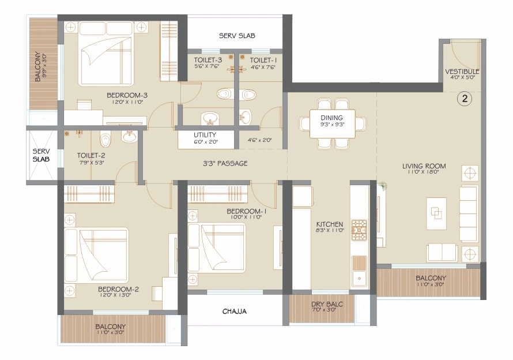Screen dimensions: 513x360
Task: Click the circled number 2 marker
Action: point(465,98)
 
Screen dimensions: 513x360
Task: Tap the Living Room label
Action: point(424,166)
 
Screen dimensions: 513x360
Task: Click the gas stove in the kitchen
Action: point(359,230)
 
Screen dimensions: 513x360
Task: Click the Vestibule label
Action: point(462,72)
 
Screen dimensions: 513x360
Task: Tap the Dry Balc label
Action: point(327,304)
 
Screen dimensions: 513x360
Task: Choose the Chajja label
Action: point(235,311)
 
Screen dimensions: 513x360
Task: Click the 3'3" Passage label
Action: point(225,163)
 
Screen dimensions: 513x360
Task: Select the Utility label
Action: point(205,134)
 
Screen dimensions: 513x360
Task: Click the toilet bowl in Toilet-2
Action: point(105,140)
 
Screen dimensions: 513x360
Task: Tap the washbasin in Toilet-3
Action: point(209,118)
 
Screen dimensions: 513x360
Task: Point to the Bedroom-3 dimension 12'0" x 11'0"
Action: point(127,102)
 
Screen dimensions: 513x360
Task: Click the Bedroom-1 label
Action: point(246,211)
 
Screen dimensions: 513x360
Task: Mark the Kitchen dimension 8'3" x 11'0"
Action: point(330,230)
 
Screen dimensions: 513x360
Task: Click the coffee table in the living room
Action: point(436,213)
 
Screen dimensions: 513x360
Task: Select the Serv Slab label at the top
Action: point(237,36)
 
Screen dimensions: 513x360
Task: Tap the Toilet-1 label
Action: point(263,60)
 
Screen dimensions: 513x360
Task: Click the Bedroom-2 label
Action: point(118,289)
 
